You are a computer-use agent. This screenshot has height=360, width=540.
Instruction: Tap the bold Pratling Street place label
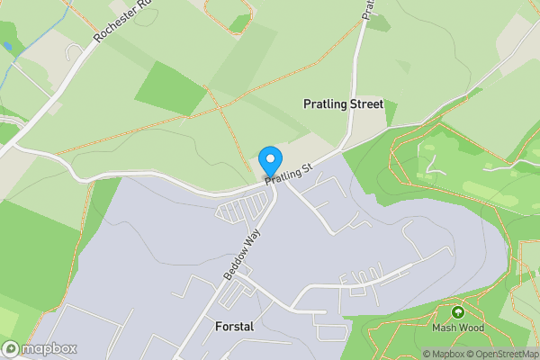tap(343, 104)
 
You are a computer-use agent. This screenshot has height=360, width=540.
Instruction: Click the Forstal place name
tap(234, 327)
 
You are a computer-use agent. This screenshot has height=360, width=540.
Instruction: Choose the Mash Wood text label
tap(458, 328)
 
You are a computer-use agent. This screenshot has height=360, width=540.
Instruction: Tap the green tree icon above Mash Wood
tap(458, 312)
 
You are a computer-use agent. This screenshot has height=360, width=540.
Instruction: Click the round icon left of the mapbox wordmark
tap(12, 348)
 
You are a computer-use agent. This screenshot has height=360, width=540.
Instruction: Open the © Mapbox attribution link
tap(444, 354)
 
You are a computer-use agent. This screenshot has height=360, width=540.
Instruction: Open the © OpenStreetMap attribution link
tap(502, 354)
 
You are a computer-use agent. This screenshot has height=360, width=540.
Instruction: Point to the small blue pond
tap(7, 45)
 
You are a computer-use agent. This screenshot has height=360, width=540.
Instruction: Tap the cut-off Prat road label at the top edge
tap(368, 9)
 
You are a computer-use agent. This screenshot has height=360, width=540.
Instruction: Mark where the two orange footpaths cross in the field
tap(219, 107)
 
